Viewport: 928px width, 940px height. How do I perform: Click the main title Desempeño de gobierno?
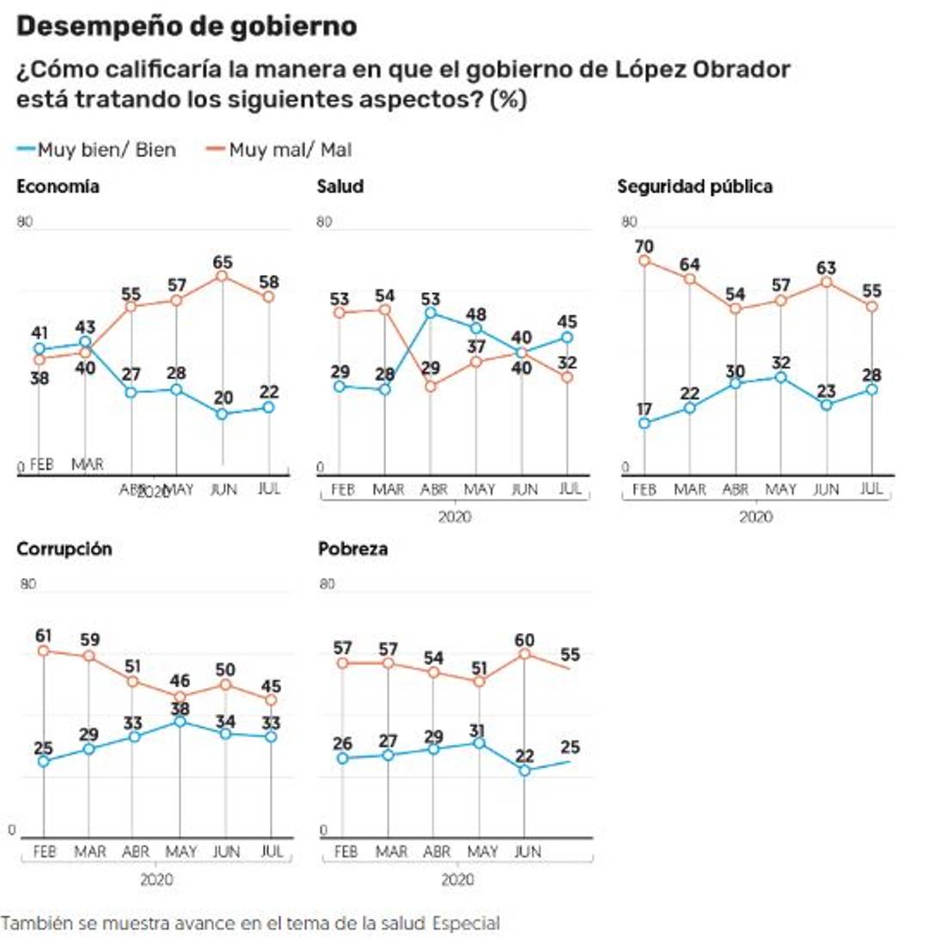coord(186,27)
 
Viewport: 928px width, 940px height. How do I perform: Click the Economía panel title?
coord(58,186)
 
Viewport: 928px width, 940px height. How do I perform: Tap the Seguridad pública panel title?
coord(695,186)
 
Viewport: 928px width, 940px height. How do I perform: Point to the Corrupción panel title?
coord(64,549)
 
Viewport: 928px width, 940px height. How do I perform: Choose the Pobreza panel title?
coord(352,549)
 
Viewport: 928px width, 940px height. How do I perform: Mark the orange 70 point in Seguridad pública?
coord(643,260)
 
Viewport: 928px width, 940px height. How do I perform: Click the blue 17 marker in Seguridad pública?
coord(643,423)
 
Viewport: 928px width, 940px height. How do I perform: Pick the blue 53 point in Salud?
coord(430,313)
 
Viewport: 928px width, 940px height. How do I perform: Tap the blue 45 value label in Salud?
coord(566,321)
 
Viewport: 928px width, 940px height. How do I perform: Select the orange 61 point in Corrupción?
coord(44,650)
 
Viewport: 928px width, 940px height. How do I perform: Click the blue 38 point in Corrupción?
coord(180,722)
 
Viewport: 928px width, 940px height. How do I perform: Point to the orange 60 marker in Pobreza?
coord(524,653)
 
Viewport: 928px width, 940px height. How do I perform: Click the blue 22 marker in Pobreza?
coord(524,771)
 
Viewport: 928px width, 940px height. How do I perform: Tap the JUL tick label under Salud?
coord(568,489)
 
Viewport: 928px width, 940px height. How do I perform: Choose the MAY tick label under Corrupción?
coord(180,851)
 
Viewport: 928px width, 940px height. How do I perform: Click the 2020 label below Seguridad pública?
coord(756,517)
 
